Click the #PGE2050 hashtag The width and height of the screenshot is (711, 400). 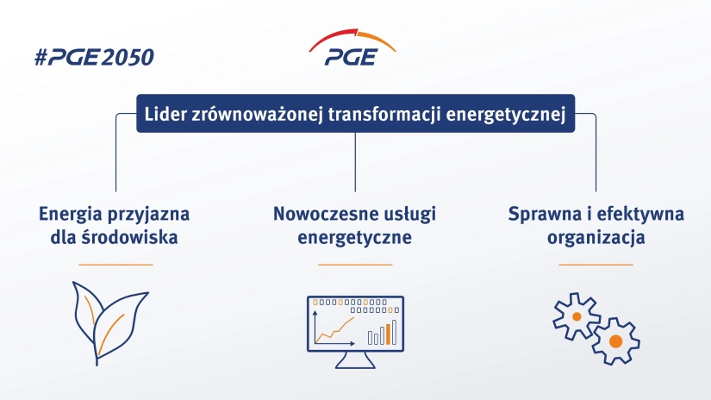(94, 58)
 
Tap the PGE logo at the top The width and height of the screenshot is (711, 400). (352, 47)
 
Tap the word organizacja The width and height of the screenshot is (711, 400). (596, 238)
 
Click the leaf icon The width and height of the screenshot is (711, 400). (109, 323)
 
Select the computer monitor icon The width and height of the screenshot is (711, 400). (355, 332)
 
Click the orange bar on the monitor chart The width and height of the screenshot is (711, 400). (388, 334)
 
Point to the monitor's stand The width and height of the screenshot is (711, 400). (355, 360)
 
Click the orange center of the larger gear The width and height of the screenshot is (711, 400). (615, 341)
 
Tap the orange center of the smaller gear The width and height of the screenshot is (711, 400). (577, 316)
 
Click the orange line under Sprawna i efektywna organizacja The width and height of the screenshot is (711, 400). (596, 265)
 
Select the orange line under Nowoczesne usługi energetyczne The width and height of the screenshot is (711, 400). (355, 265)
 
